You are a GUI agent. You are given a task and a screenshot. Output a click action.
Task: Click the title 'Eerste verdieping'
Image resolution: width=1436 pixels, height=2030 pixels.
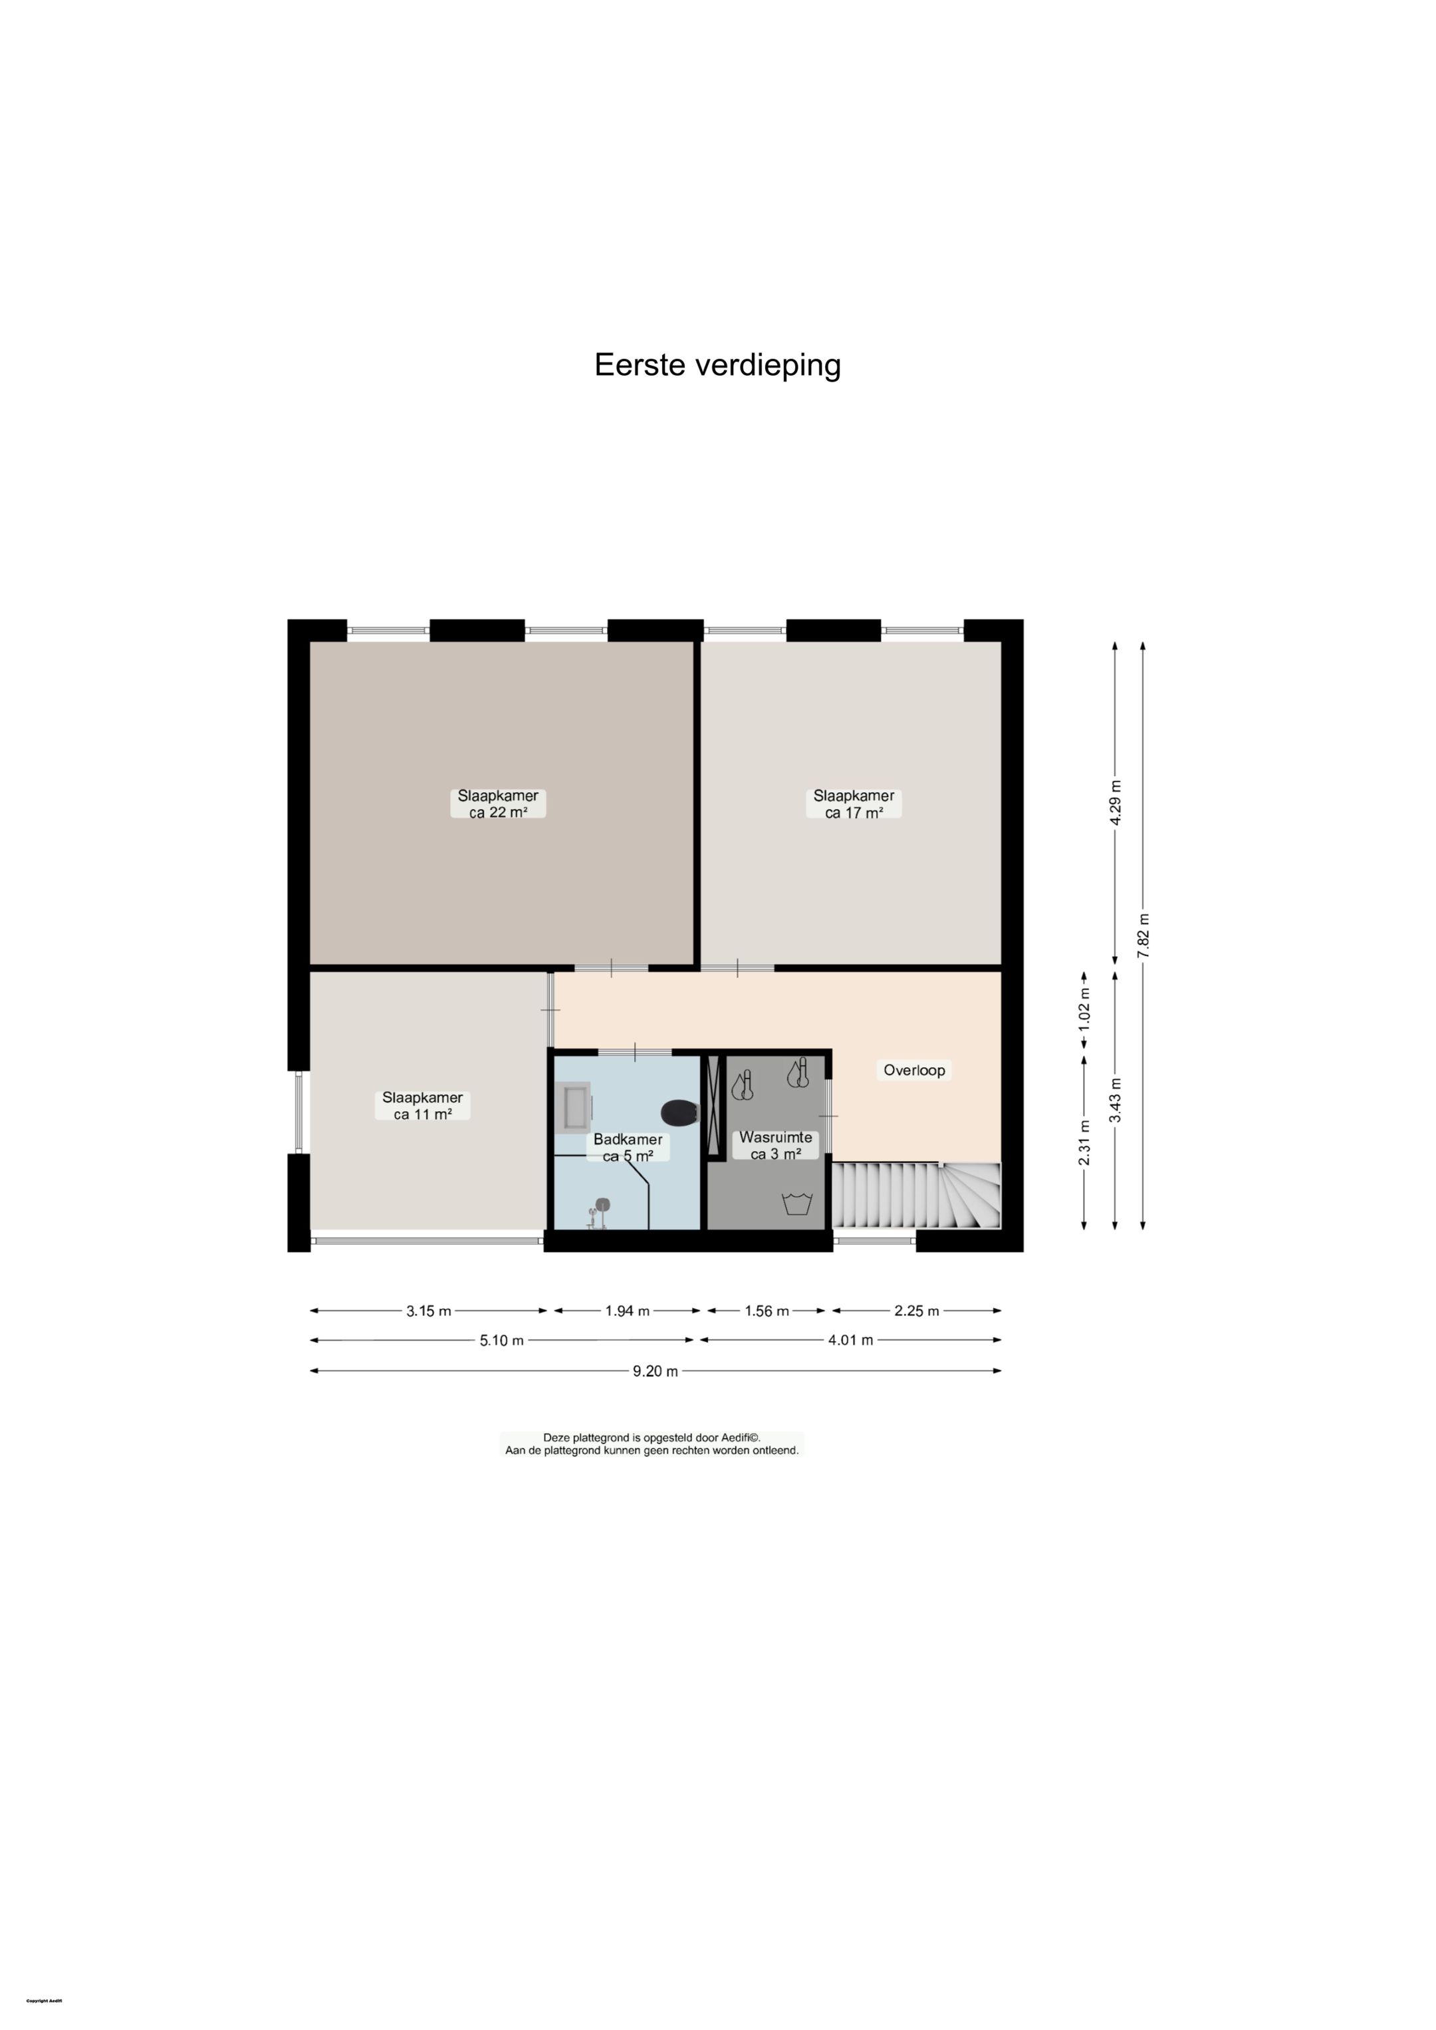(x=717, y=365)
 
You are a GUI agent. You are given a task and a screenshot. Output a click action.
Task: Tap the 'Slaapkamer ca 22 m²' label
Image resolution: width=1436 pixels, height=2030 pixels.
(x=498, y=804)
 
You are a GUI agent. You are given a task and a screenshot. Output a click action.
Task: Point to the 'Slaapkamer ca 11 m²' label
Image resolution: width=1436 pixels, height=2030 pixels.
(x=423, y=1106)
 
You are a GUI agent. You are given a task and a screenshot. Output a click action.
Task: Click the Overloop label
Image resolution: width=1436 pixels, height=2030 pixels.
(x=914, y=1070)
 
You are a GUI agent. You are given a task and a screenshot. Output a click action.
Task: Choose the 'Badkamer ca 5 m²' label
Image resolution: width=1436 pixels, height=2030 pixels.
(x=628, y=1148)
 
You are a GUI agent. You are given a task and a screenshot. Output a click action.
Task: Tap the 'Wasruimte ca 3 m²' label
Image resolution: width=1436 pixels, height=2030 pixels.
(x=775, y=1146)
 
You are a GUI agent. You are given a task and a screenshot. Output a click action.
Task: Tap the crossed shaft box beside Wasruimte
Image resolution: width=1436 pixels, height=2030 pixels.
(x=713, y=1105)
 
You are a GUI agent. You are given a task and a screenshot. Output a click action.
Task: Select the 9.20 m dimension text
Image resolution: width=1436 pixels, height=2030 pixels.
(x=656, y=1371)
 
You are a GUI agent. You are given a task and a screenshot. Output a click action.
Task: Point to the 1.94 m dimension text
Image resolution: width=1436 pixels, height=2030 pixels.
(x=627, y=1311)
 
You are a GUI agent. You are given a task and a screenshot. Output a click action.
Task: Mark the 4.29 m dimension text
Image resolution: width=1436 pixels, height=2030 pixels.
(x=1115, y=803)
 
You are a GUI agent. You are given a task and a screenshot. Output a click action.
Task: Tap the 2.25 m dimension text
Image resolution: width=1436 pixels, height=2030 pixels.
(x=916, y=1311)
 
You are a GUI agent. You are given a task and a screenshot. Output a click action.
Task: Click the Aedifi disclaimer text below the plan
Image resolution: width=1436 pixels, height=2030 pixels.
(x=652, y=1444)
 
